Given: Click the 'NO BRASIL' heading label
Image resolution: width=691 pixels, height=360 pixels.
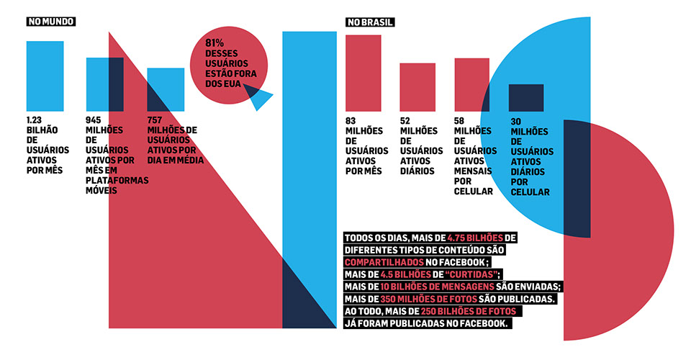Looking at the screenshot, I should [369, 22].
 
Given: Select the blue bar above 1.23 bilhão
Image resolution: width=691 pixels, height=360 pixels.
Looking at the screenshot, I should [45, 76].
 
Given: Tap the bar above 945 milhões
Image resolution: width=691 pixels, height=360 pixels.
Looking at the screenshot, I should [104, 84].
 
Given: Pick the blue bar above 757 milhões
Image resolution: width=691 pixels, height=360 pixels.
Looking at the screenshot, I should [166, 89].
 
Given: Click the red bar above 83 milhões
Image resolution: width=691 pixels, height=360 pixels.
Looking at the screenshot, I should [363, 73].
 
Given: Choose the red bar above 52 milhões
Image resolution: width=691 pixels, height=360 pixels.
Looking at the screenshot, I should [417, 87].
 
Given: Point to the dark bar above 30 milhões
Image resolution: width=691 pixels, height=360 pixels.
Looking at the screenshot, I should [525, 98].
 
